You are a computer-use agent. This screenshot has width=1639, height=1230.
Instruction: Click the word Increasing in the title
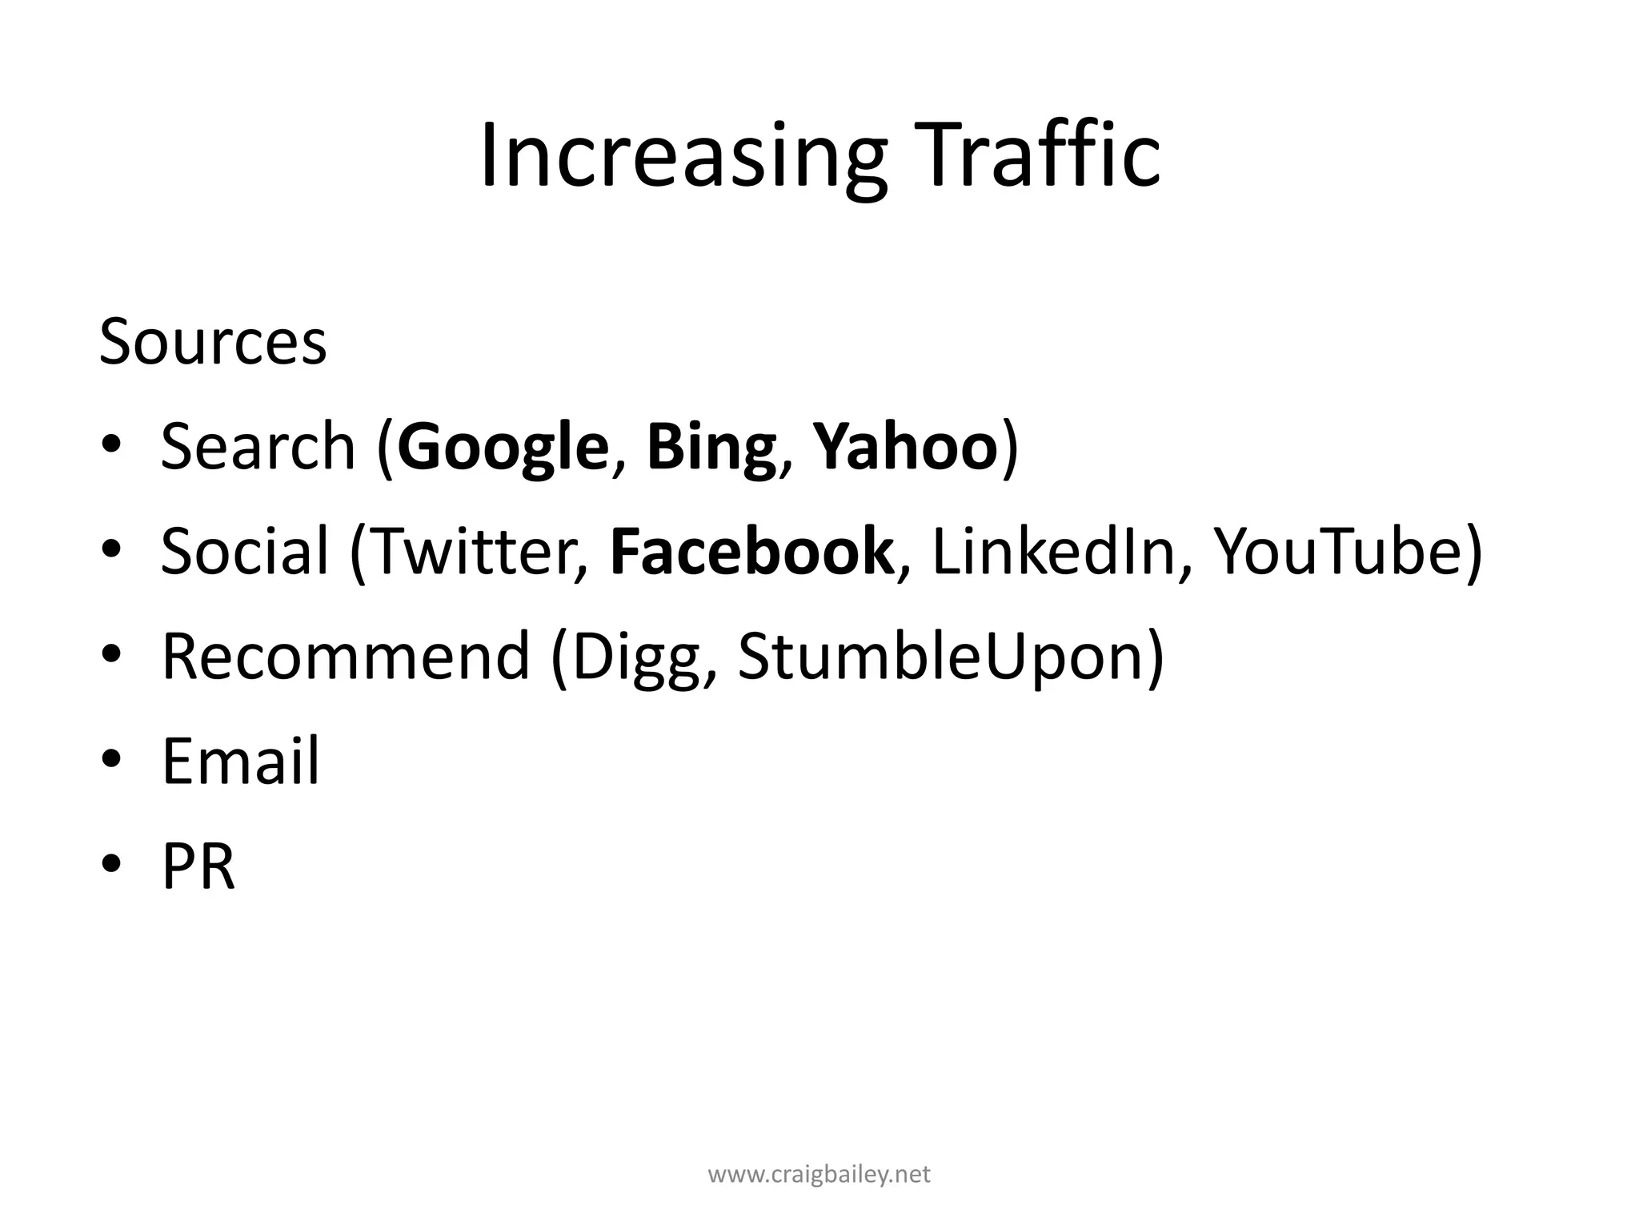pyautogui.click(x=683, y=156)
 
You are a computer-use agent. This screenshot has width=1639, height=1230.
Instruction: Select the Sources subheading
pyautogui.click(x=213, y=342)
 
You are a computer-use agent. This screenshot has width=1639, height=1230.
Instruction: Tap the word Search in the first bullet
pyautogui.click(x=258, y=446)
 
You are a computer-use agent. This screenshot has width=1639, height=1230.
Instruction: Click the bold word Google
pyautogui.click(x=503, y=448)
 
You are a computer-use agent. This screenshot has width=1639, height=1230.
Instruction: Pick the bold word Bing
pyautogui.click(x=711, y=448)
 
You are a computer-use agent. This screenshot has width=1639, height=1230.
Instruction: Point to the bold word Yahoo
pyautogui.click(x=905, y=446)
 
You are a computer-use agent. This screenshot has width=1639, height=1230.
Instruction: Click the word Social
pyautogui.click(x=245, y=551)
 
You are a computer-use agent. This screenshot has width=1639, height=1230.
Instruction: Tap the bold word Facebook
pyautogui.click(x=751, y=551)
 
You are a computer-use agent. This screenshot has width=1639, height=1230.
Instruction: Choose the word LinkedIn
pyautogui.click(x=1052, y=551)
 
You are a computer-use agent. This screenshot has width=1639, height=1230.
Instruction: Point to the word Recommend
pyautogui.click(x=346, y=656)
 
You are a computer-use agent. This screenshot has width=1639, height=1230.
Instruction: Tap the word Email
pyautogui.click(x=240, y=761)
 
